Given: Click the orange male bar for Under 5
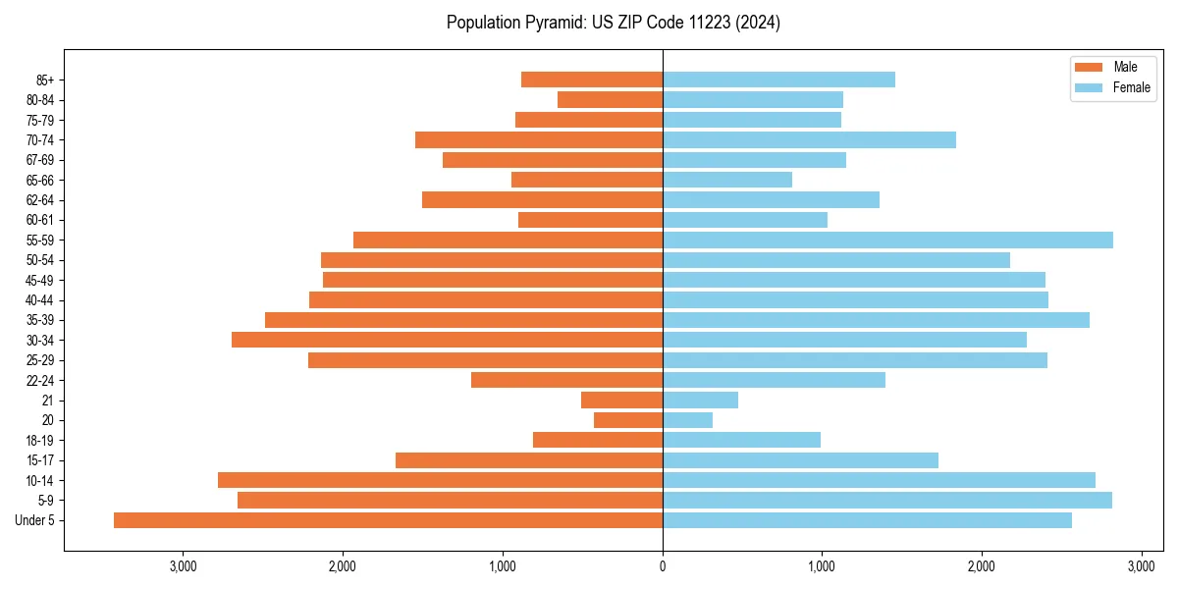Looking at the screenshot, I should [x=388, y=520].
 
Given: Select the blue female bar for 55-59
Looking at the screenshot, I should [x=887, y=240].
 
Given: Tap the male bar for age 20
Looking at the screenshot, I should [x=628, y=420].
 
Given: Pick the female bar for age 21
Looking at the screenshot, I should [x=700, y=401].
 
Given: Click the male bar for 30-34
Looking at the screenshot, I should [x=447, y=340].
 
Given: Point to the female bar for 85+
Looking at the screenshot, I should [x=778, y=80].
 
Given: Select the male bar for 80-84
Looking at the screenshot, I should [x=610, y=99].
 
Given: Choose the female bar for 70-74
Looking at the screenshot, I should [x=809, y=139].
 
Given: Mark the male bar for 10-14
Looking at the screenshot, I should [x=440, y=480].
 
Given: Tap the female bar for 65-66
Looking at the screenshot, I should [x=727, y=180].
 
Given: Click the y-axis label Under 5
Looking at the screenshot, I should [x=35, y=520].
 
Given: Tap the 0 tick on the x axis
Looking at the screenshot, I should [x=663, y=566].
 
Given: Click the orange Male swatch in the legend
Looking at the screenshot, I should [x=1090, y=67].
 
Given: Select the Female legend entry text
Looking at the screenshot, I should [x=1132, y=87].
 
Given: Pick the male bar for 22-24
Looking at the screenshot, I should [x=566, y=380].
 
